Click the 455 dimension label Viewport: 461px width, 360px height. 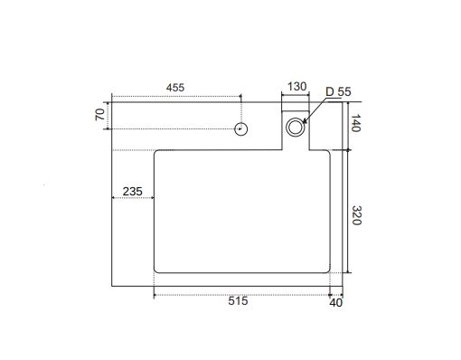[x=175, y=88]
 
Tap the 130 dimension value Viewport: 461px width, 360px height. [x=296, y=87]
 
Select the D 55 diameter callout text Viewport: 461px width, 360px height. [x=338, y=91]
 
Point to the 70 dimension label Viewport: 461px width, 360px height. [x=100, y=115]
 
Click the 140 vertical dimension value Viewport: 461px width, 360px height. [x=356, y=123]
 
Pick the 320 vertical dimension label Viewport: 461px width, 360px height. [x=356, y=215]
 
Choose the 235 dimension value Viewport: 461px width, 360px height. [x=133, y=192]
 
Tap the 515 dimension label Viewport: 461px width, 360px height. [x=238, y=301]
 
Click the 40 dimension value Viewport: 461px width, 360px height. [x=336, y=303]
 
